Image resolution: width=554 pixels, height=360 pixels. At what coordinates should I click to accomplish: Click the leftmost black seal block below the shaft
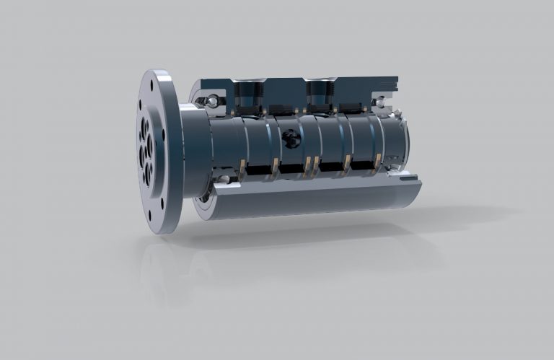click(256, 171)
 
